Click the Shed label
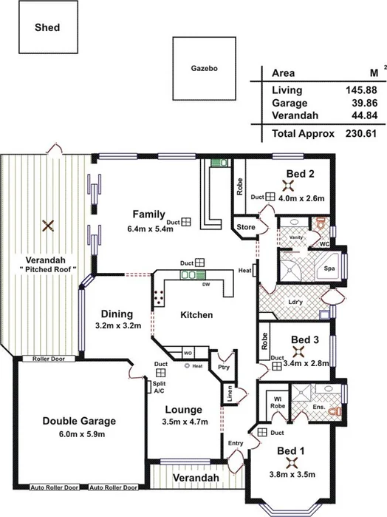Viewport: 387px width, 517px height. click(x=47, y=28)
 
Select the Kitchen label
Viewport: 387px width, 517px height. click(x=196, y=315)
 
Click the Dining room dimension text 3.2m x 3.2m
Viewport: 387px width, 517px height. click(x=118, y=325)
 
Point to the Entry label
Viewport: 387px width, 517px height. click(x=235, y=443)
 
